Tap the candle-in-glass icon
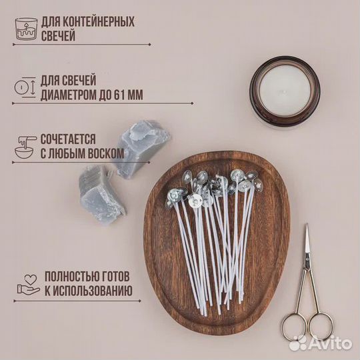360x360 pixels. click(x=26, y=29)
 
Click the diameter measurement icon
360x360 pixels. click(x=25, y=87)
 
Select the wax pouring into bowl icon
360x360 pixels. click(x=25, y=147)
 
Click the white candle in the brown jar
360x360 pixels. click(x=285, y=91)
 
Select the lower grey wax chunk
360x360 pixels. click(x=100, y=195)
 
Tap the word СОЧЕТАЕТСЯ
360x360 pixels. click(x=68, y=139)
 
